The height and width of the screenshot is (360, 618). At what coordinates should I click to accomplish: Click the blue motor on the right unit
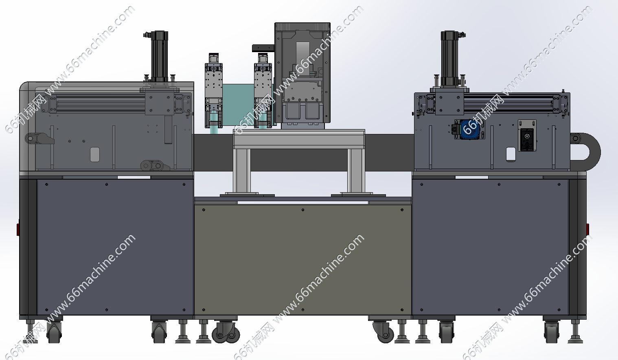coord(469,129)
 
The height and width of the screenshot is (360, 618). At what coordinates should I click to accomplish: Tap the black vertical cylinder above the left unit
coord(160,56)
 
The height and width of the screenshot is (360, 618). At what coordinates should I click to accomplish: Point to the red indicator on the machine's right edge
coord(587,230)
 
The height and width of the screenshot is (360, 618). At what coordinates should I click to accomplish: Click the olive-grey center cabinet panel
coord(302,259)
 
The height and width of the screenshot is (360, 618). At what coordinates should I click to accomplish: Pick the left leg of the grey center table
coord(242,171)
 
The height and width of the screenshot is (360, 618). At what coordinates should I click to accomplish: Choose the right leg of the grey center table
coord(356,171)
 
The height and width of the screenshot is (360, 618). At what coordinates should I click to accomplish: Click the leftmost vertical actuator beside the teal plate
coord(214,91)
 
